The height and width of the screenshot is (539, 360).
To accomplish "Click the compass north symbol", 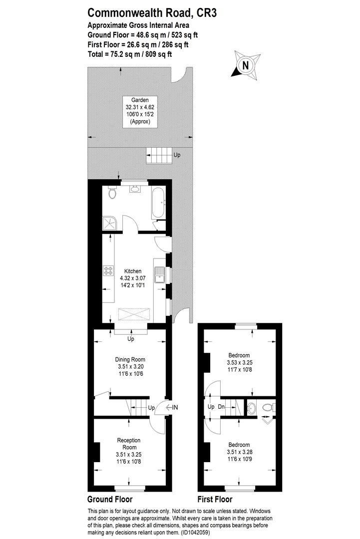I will pyautogui.click(x=245, y=65).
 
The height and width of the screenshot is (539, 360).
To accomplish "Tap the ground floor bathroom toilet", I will pyautogui.click(x=112, y=193).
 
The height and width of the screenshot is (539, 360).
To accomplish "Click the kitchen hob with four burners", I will pyautogui.click(x=108, y=271).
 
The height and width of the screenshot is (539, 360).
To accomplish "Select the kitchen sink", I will pyautogui.click(x=160, y=275).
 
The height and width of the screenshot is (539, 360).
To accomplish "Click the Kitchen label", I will pyautogui.click(x=133, y=270).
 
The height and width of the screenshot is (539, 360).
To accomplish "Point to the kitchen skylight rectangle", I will pyautogui.click(x=134, y=314).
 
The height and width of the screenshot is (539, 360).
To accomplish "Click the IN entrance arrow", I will pyautogui.click(x=173, y=408).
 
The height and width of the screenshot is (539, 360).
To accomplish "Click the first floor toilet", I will pyautogui.click(x=268, y=407).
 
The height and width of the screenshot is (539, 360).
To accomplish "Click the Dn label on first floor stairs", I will pyautogui.click(x=221, y=407).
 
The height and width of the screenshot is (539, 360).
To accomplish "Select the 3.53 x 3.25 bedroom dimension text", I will pyautogui.click(x=240, y=363).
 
